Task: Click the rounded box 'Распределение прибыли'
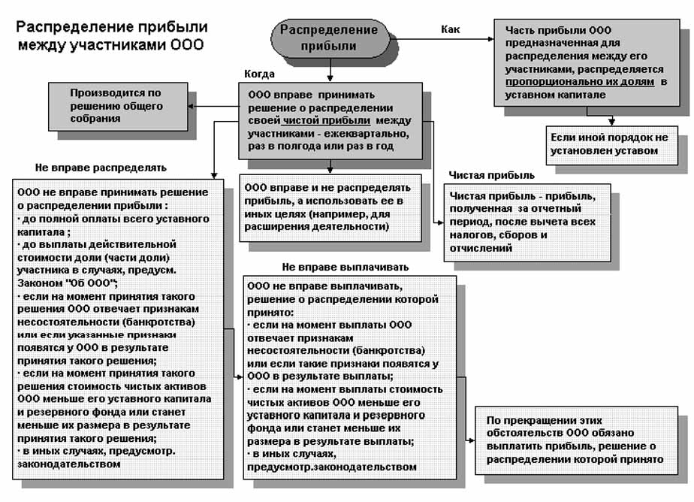click(x=329, y=38)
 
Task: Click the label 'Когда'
click(x=259, y=74)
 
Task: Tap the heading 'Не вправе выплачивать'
click(x=345, y=267)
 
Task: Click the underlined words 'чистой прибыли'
click(x=327, y=120)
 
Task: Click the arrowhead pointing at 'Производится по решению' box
click(x=192, y=107)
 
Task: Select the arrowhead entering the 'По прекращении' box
click(x=471, y=442)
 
